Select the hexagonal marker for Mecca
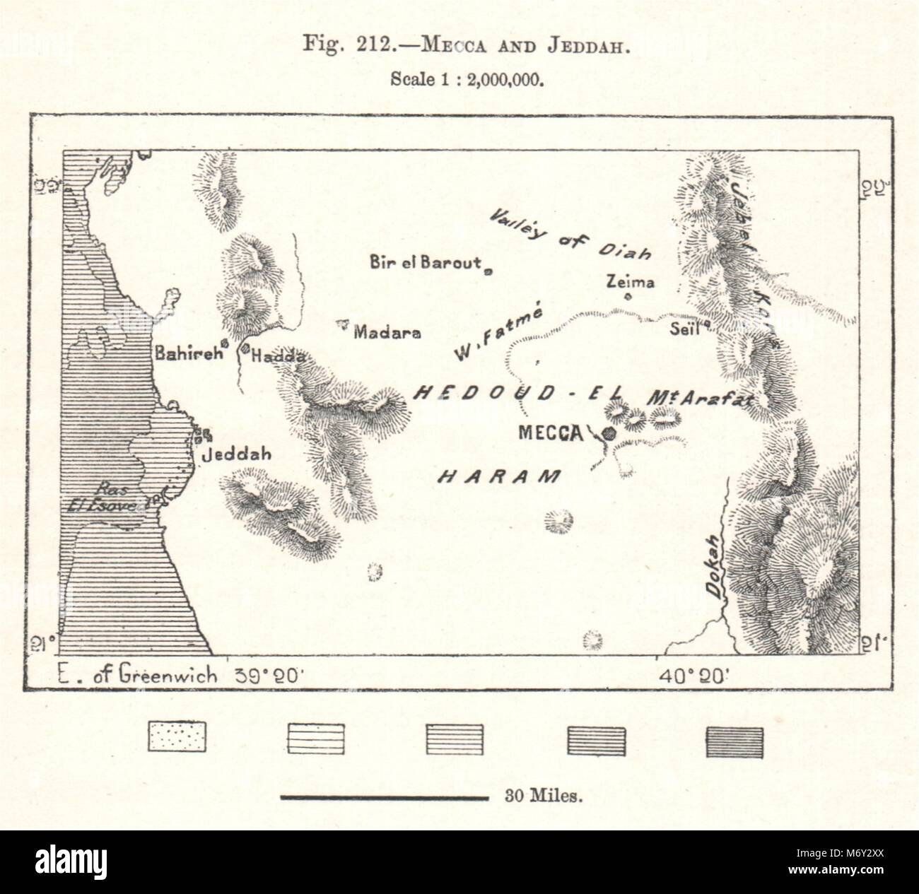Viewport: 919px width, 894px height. point(608,433)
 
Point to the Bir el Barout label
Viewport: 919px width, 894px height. point(425,263)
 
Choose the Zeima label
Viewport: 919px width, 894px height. point(631,282)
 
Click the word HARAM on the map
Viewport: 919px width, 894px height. point(499,477)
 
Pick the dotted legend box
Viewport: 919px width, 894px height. point(176,743)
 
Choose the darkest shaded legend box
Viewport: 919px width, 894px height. point(734,743)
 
